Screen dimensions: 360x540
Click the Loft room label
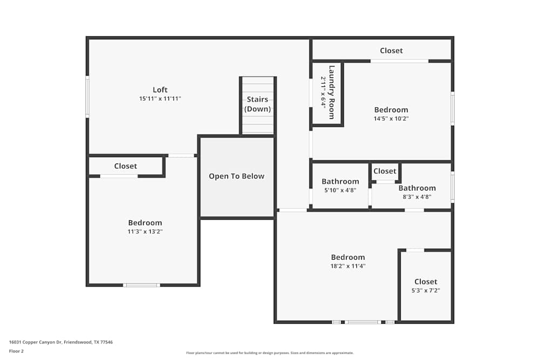[160, 90]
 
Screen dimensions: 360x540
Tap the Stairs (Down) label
[258, 104]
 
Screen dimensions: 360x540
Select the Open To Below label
[237, 176]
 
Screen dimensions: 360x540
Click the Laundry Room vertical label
[332, 92]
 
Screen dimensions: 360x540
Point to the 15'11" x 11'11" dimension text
[160, 99]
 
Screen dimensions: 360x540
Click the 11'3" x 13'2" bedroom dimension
[145, 232]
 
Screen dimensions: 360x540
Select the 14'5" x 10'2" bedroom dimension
[391, 119]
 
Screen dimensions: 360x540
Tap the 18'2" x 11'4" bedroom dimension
[348, 266]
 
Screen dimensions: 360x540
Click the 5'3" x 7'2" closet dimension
[426, 290]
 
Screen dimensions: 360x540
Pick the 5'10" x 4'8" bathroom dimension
[340, 190]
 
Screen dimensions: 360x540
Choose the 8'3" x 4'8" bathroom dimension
[417, 197]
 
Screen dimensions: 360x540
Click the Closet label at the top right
[391, 50]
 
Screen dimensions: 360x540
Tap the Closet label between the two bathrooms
[384, 171]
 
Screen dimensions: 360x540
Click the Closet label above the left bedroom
[125, 166]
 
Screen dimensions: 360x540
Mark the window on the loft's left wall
[87, 97]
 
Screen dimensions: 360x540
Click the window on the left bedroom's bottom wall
[141, 285]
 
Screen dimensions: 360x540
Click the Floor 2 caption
[16, 351]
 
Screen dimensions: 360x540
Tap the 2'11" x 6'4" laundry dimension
[323, 92]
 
